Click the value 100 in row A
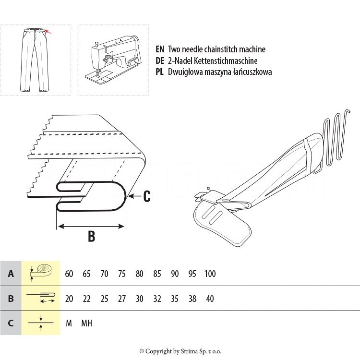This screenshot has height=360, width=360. [210, 274]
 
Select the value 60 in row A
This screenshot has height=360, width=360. [69, 274]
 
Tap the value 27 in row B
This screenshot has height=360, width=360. [122, 299]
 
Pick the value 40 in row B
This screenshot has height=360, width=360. [210, 299]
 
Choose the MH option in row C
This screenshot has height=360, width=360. [86, 323]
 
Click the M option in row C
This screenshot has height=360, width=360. [69, 323]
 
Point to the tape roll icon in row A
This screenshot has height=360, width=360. [41, 273]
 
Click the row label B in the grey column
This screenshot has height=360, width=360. [11, 299]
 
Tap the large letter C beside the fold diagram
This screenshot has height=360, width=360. [147, 196]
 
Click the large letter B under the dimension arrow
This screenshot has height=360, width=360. [91, 236]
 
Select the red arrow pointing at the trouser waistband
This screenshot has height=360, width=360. [48, 32]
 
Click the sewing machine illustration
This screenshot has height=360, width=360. [113, 60]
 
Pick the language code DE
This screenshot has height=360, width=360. [160, 60]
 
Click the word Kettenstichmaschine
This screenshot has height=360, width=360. [226, 60]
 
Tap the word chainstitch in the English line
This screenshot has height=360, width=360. [220, 49]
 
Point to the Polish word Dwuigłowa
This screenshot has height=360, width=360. [185, 72]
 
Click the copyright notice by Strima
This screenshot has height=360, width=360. [180, 351]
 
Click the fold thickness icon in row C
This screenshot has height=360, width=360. [41, 323]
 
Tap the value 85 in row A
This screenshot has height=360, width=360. [157, 274]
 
